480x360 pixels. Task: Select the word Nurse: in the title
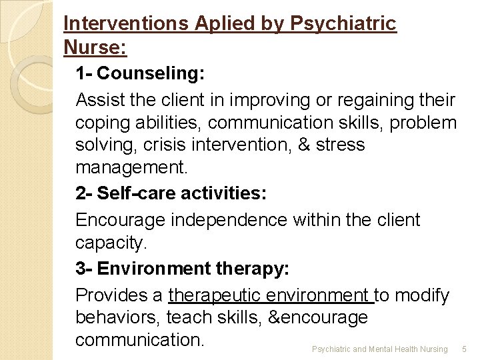(95, 48)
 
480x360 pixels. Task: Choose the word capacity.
(111, 244)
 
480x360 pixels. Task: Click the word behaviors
(117, 318)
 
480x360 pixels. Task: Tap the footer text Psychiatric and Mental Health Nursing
(380, 349)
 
